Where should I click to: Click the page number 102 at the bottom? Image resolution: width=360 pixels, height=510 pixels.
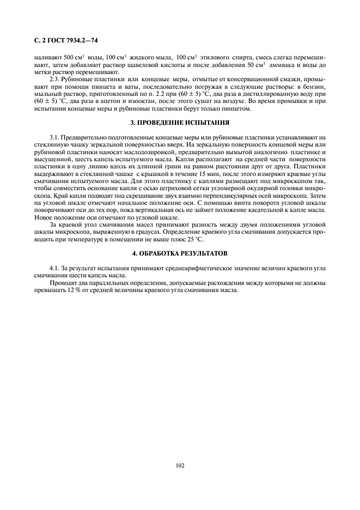pyautogui.click(x=180, y=465)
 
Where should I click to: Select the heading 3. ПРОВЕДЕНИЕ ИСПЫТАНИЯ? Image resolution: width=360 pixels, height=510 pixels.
pyautogui.click(x=180, y=122)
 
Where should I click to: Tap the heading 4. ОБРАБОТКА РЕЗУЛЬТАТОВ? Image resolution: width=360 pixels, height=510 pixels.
pyautogui.click(x=180, y=253)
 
